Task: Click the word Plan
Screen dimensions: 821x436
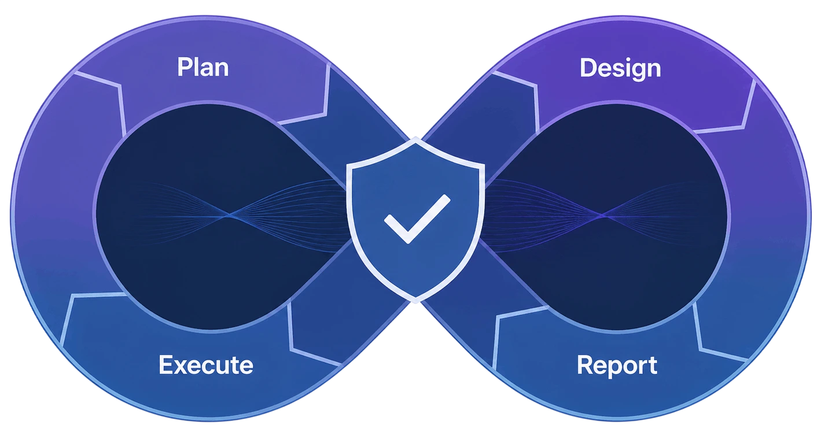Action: coord(203,67)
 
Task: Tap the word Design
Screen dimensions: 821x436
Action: coord(620,69)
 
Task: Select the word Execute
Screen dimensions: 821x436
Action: coord(206,365)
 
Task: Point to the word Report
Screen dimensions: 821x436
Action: coord(617,366)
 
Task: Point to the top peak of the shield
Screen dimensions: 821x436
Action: coord(415,138)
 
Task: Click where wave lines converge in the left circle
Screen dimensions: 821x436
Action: coord(228,216)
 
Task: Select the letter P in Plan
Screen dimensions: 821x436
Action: coord(185,67)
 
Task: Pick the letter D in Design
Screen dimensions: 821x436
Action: coord(588,68)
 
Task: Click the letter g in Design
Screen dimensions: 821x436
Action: coord(634,72)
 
